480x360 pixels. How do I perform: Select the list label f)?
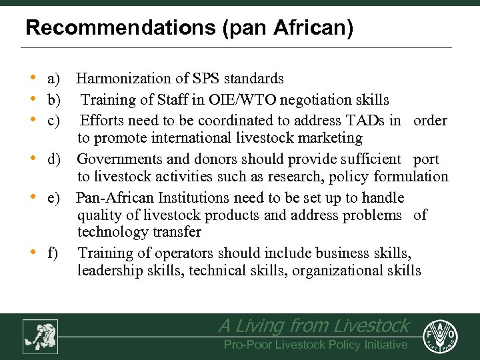point(53,253)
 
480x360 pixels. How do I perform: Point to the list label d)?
point(54,159)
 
